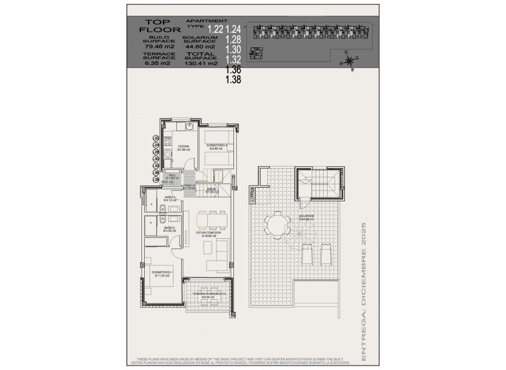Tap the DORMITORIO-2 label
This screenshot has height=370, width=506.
click(x=216, y=146)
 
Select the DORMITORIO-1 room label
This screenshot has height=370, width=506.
click(x=162, y=272)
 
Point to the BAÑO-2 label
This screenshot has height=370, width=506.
click(x=169, y=228)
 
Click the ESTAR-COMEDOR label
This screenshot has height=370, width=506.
click(x=208, y=232)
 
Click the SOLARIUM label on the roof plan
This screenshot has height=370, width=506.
click(x=306, y=216)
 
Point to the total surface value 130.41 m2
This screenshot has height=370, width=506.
click(x=201, y=63)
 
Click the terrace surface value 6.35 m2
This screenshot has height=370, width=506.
click(x=157, y=63)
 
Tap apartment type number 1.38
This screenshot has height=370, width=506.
click(x=233, y=79)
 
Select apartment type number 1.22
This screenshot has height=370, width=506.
click(x=215, y=28)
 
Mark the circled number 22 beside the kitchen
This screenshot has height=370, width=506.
click(x=156, y=138)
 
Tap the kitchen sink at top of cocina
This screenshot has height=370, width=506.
click(x=188, y=127)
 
